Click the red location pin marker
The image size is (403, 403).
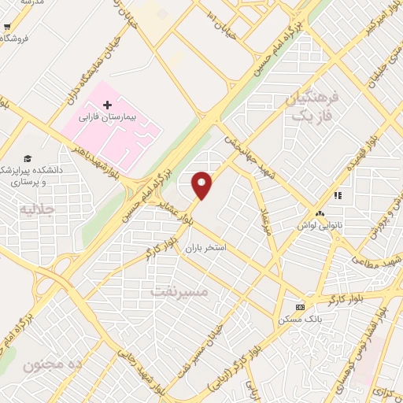(203, 185)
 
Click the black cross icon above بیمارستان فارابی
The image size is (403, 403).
(108, 105)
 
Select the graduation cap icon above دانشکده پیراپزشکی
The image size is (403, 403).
(28, 158)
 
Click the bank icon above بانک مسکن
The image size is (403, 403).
(298, 307)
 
